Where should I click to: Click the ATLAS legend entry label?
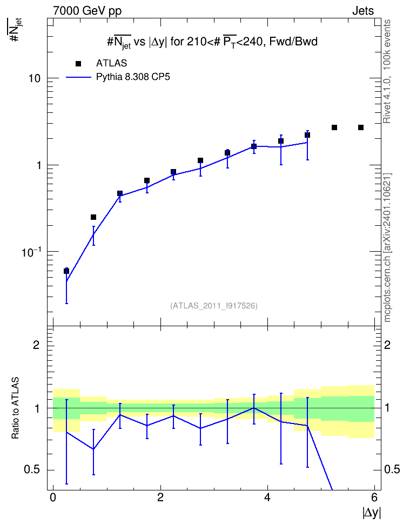click(x=111, y=63)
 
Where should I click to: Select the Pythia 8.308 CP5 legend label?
click(x=133, y=77)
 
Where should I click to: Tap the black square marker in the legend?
click(x=78, y=64)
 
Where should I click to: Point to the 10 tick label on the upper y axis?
click(x=34, y=78)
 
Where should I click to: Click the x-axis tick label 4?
click(x=267, y=497)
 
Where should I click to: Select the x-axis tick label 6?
click(x=374, y=497)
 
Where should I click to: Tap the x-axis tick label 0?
click(x=53, y=497)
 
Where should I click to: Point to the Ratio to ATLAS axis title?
click(x=15, y=408)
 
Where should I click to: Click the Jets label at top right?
click(x=363, y=11)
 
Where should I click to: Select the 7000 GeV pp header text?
click(x=87, y=11)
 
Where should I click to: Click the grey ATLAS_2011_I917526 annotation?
click(x=214, y=306)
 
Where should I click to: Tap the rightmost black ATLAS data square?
click(x=361, y=127)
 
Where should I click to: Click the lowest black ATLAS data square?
click(x=66, y=271)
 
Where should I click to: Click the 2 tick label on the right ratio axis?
click(x=387, y=345)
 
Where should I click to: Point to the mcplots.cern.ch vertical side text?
click(x=387, y=248)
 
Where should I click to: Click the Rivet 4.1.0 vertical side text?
click(x=387, y=71)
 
